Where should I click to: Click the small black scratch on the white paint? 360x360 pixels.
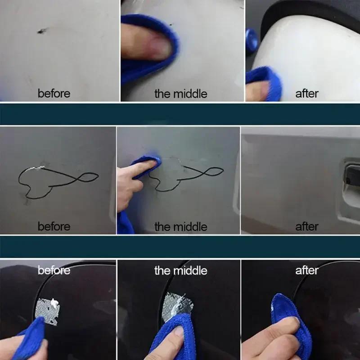[x=41, y=31]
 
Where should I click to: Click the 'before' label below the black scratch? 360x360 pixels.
[x=54, y=94]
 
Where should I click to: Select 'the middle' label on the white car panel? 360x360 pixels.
[x=180, y=94]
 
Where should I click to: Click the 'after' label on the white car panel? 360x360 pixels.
[x=306, y=94]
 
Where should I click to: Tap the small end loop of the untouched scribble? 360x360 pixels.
[x=87, y=176]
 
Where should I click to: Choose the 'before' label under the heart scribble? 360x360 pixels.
[x=54, y=226]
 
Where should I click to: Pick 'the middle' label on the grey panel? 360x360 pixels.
[x=180, y=226]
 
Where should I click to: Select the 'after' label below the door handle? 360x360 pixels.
[x=306, y=226]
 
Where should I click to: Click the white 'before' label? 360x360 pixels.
[x=54, y=270]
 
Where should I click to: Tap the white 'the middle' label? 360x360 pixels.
[x=180, y=270]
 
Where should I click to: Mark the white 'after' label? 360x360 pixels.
[x=306, y=270]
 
